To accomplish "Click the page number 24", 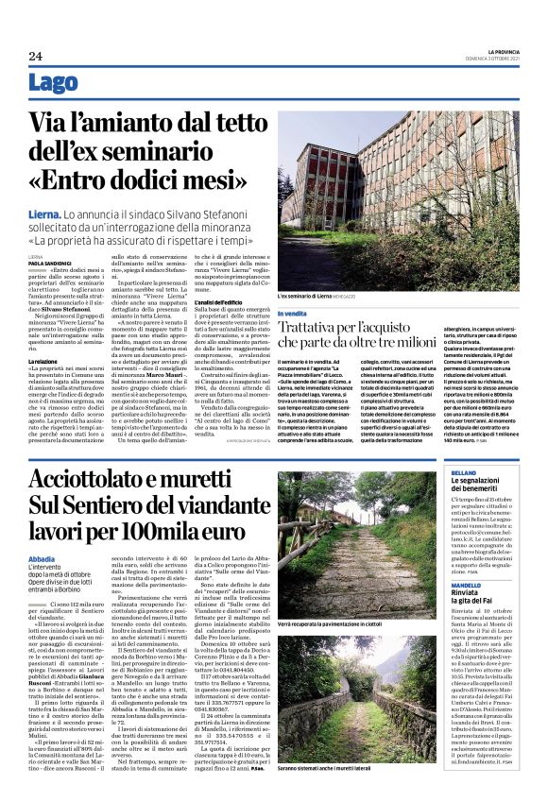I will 36,56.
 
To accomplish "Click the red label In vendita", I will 292,314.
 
